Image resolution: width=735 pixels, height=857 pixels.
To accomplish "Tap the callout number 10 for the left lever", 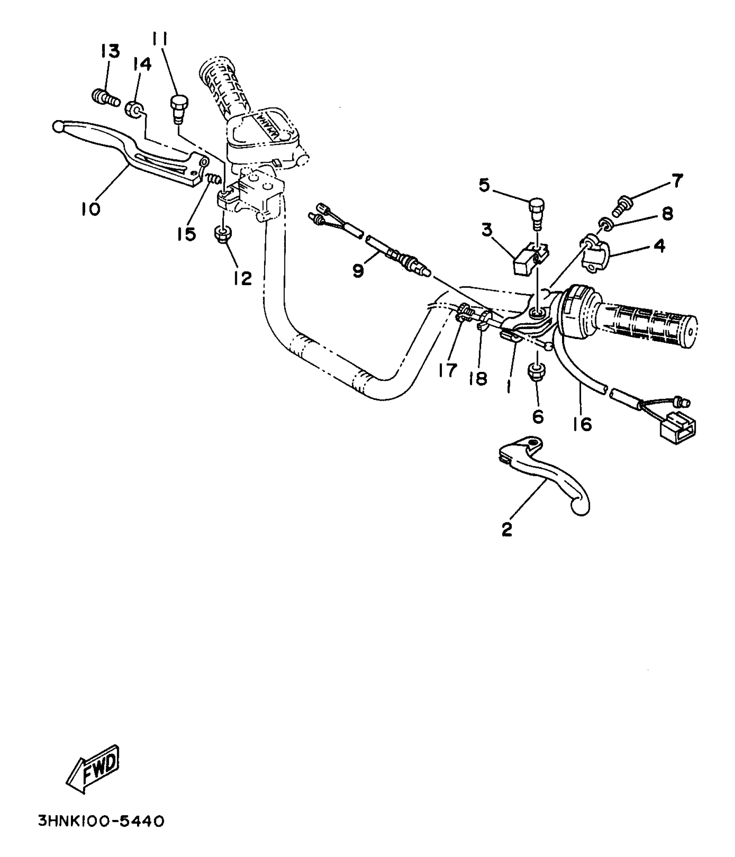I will (90, 209).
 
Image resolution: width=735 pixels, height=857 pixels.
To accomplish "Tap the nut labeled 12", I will (223, 235).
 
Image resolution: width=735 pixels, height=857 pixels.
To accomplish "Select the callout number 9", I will (358, 270).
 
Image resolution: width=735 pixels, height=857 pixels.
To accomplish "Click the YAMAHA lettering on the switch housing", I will (268, 126).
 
